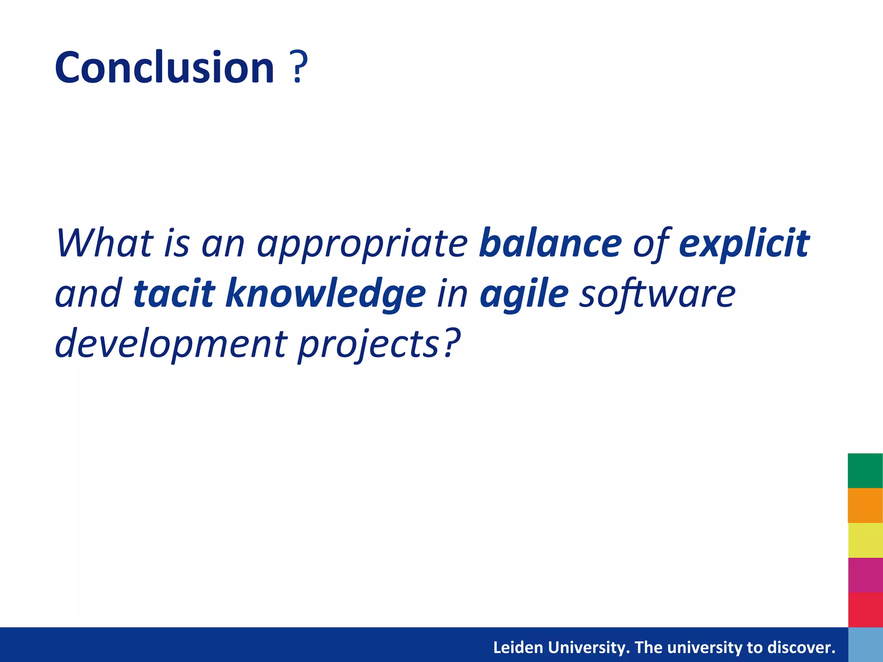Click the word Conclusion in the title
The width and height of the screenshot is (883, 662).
(x=164, y=68)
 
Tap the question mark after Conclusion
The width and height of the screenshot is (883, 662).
(x=298, y=68)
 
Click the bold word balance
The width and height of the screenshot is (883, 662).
(x=550, y=244)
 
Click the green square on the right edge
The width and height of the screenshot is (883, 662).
(x=865, y=471)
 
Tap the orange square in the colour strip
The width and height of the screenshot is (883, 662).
(x=865, y=505)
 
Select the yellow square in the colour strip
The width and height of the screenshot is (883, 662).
(x=865, y=540)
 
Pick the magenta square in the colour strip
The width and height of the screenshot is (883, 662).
(x=865, y=575)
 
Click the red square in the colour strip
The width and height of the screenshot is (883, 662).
(x=865, y=609)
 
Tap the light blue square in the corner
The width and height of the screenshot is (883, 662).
(x=865, y=645)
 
